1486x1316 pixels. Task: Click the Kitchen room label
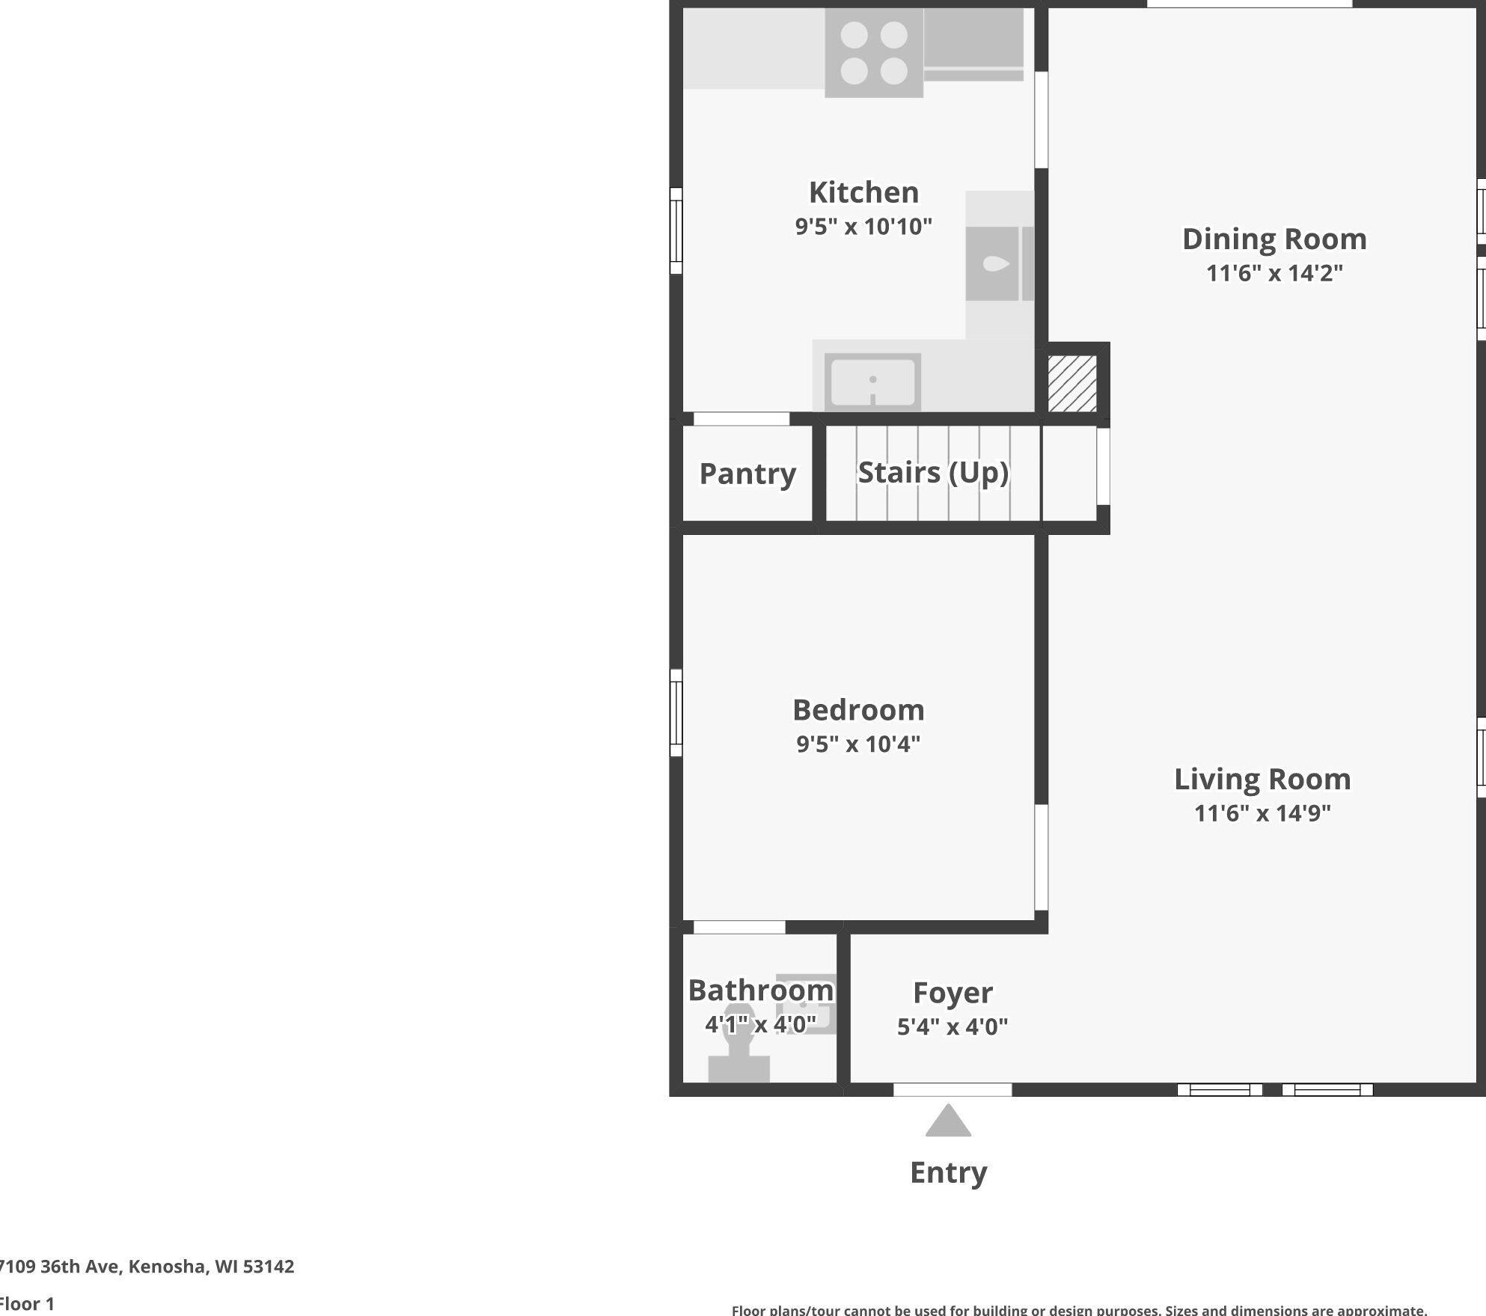click(x=863, y=193)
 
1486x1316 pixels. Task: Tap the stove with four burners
click(x=874, y=52)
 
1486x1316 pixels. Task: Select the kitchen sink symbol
click(x=872, y=382)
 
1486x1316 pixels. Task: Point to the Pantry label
click(x=747, y=474)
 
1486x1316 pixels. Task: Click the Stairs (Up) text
click(x=933, y=473)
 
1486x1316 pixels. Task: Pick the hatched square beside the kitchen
click(x=1072, y=383)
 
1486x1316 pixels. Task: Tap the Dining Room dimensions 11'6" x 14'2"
click(x=1274, y=273)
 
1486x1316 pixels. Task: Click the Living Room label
click(x=1262, y=780)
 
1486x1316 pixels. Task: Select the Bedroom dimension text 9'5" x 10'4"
click(x=858, y=744)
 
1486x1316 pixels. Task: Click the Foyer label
click(x=953, y=994)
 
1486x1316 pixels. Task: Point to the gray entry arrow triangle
click(x=948, y=1120)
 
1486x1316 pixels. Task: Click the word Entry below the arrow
click(x=948, y=1172)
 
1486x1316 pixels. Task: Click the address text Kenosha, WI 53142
click(x=212, y=1266)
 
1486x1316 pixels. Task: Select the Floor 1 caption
click(x=27, y=1303)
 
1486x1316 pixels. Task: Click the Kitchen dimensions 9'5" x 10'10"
click(x=863, y=226)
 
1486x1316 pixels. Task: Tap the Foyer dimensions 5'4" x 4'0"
click(x=953, y=1026)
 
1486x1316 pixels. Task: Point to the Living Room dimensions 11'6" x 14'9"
click(x=1262, y=813)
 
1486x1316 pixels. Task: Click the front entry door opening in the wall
click(x=953, y=1089)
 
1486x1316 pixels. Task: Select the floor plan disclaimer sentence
click(x=1079, y=1310)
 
